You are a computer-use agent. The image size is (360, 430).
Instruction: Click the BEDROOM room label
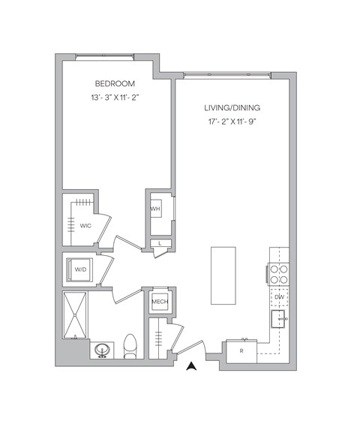coord(115,83)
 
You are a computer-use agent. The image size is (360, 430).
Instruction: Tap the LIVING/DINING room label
coord(235,108)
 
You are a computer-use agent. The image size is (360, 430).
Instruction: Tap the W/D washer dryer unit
coord(79,269)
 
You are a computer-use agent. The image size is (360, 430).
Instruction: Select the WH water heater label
coord(156,208)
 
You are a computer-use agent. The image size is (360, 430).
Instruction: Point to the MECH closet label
coord(159,302)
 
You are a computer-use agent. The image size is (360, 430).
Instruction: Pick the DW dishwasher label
coord(279,298)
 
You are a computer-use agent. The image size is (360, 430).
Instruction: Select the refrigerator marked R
coord(241,350)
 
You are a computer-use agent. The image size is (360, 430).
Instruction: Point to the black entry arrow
coord(191,367)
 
